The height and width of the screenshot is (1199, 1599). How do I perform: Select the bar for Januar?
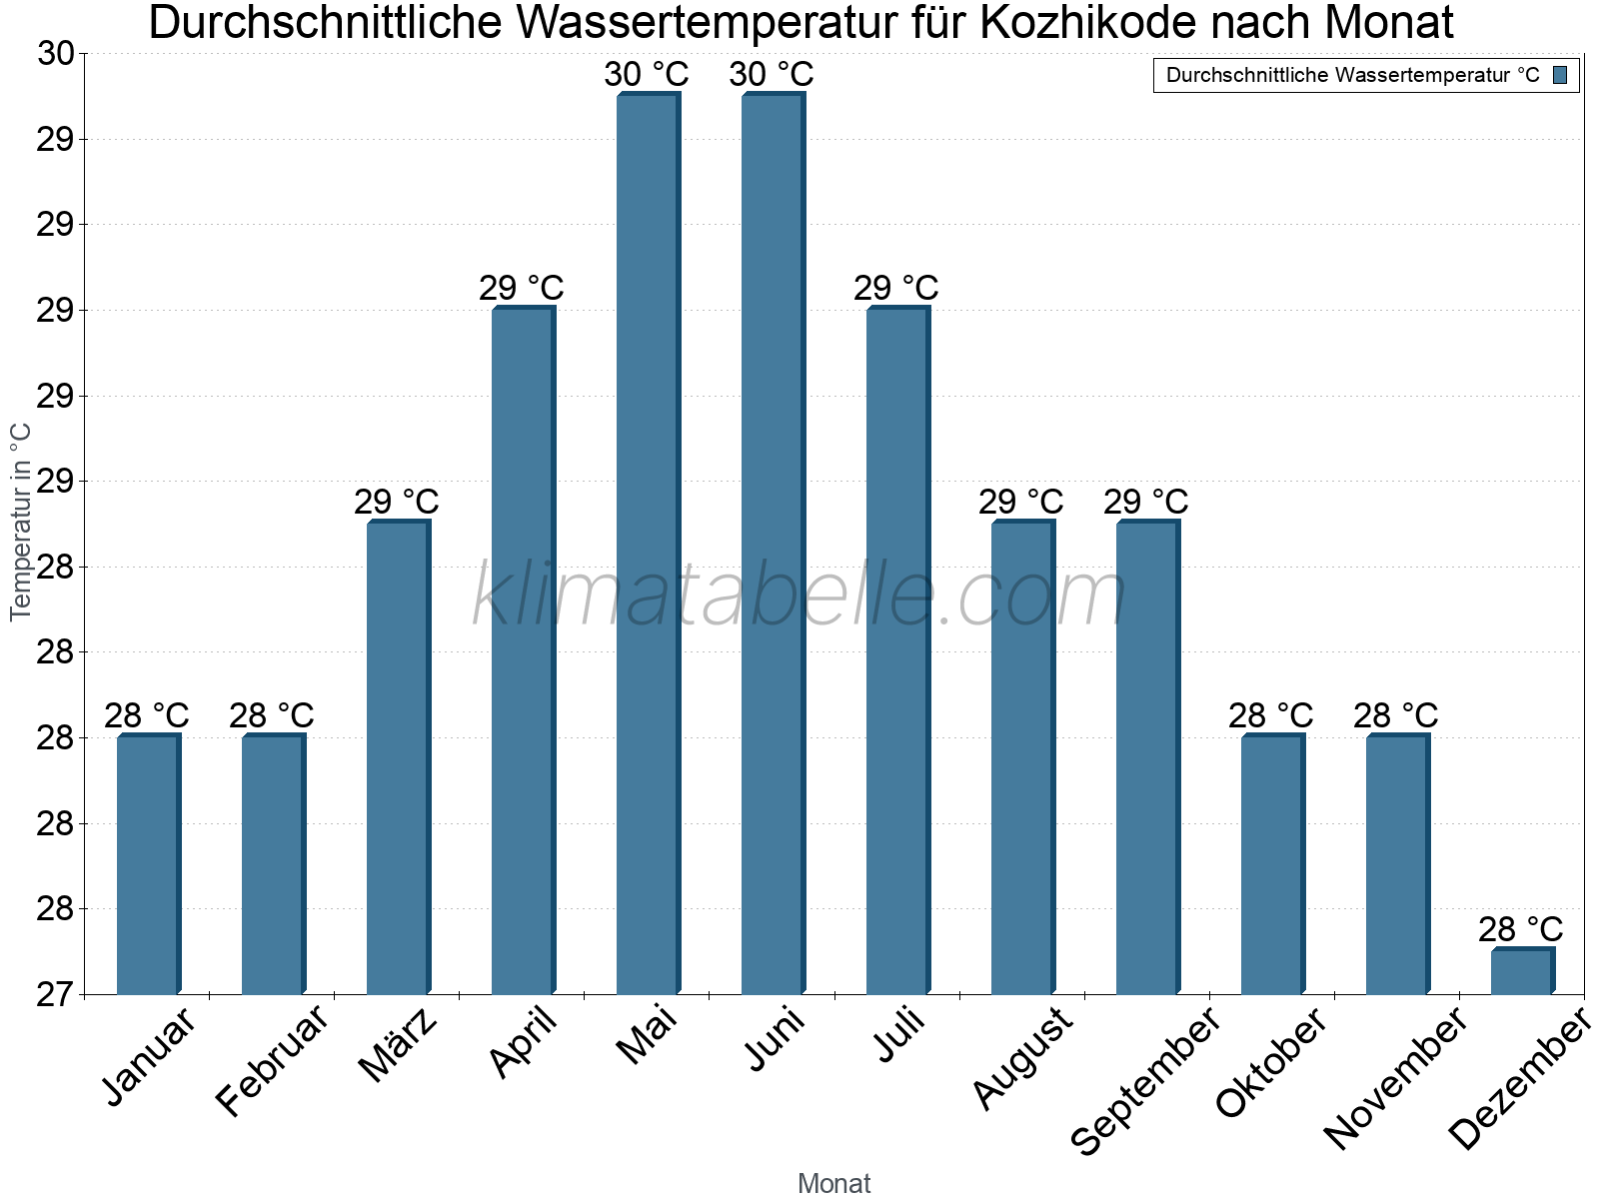148,864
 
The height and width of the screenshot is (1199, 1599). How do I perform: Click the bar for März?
398,757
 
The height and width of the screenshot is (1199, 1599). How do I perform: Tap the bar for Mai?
648,545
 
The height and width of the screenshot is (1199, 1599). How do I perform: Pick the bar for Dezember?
1522,971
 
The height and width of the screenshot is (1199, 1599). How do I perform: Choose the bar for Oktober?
1272,864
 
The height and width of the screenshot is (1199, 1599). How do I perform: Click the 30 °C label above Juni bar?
772,75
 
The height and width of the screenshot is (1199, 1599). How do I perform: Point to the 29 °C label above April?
522,289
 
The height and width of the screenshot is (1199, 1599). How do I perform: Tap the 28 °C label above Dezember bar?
1521,930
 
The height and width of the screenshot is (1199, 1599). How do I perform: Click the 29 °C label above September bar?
1146,503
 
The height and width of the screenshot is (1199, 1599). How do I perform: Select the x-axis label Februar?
272,1061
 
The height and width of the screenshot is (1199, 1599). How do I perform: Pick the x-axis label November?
1396,1079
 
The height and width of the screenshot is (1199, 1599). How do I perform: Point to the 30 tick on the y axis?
56,54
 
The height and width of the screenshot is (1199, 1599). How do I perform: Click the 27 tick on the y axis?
56,995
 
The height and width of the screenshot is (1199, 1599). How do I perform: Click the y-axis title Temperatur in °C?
21,522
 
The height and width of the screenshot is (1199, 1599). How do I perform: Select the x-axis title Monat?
833,1184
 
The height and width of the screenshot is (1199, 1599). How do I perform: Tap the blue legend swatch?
1560,75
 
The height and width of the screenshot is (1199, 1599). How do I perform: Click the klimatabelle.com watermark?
799,597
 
